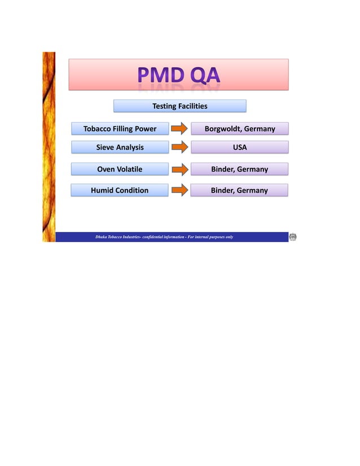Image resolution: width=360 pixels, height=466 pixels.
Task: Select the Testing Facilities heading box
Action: pyautogui.click(x=179, y=106)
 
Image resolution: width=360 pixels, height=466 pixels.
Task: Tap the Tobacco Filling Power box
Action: pyautogui.click(x=120, y=129)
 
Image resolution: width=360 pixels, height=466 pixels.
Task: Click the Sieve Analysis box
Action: pyautogui.click(x=120, y=147)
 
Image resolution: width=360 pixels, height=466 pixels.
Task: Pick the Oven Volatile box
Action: pyautogui.click(x=120, y=169)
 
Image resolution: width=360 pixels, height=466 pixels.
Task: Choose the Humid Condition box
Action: pyautogui.click(x=120, y=190)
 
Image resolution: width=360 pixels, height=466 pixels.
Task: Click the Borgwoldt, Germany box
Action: pyautogui.click(x=239, y=129)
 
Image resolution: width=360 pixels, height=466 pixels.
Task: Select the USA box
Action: pyautogui.click(x=239, y=147)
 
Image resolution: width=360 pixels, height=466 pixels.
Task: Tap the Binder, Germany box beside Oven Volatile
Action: pyautogui.click(x=239, y=169)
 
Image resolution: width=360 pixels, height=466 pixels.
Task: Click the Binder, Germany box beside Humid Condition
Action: pyautogui.click(x=239, y=190)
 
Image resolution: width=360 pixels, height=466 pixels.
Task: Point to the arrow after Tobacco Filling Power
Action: pyautogui.click(x=179, y=129)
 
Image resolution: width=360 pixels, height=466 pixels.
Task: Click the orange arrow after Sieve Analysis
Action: pyautogui.click(x=179, y=147)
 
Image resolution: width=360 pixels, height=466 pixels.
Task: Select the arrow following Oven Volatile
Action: pyautogui.click(x=179, y=169)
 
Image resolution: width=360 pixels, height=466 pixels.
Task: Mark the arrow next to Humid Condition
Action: pyautogui.click(x=179, y=190)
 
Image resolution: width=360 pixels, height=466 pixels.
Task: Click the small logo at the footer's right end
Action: pyautogui.click(x=293, y=237)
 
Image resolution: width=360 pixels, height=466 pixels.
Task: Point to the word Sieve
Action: pyautogui.click(x=105, y=147)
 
